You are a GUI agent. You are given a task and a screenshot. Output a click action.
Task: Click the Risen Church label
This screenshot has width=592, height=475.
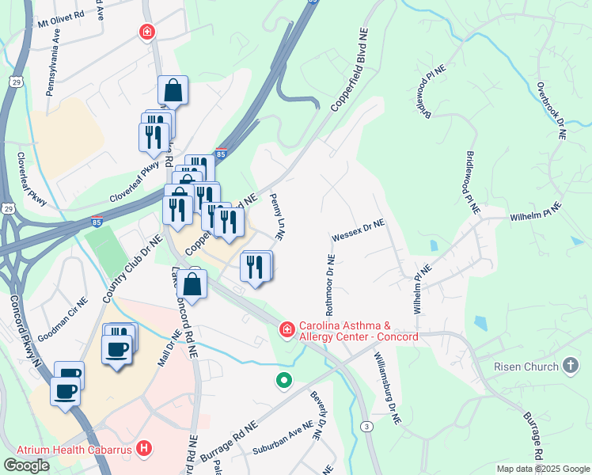(x=526, y=366)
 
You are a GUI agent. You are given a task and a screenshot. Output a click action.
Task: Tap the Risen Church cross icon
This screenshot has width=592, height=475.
(x=571, y=365)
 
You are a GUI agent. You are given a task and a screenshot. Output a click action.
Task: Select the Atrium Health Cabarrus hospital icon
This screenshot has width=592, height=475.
(x=143, y=449)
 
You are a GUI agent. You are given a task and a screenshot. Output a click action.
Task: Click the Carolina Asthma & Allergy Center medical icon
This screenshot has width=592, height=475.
(x=286, y=328)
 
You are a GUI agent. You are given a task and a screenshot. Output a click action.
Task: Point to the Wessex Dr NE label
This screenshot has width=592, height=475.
(x=358, y=229)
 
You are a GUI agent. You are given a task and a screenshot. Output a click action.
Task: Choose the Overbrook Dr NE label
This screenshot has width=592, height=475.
(x=551, y=111)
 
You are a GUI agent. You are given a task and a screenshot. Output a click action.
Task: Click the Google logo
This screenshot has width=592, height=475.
(x=26, y=465)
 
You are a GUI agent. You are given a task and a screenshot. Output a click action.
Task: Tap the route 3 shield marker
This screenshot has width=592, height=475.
(x=366, y=427)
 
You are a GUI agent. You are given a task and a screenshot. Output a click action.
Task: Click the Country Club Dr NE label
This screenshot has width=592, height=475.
(x=132, y=269)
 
